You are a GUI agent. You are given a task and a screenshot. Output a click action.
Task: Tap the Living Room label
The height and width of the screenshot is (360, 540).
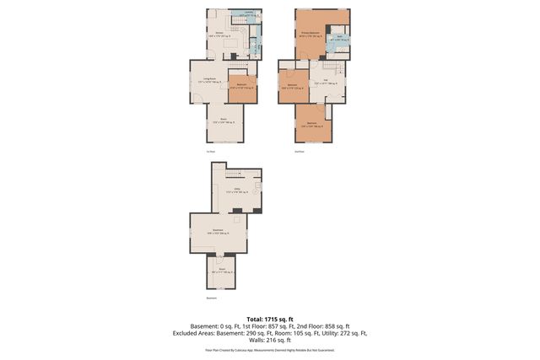pyautogui.click(x=208, y=81)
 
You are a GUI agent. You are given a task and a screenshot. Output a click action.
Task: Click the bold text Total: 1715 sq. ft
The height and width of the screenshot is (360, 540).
pyautogui.click(x=269, y=319)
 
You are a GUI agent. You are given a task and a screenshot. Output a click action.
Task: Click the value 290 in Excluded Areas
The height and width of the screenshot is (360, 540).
pyautogui.click(x=253, y=333)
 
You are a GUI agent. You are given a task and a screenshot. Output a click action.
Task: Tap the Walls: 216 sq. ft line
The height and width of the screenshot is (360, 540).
pyautogui.click(x=269, y=340)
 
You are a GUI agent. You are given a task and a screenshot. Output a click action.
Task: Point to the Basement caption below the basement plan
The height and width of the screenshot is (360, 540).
pyautogui.click(x=212, y=298)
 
